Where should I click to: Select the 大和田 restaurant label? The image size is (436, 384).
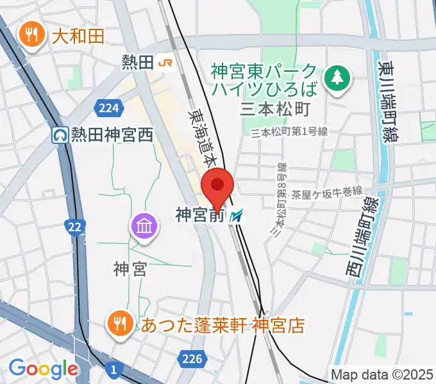point(77,36)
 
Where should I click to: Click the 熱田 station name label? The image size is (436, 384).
point(137,62)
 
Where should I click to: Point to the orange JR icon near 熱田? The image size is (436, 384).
point(165,62)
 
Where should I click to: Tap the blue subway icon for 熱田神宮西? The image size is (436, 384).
point(61,135)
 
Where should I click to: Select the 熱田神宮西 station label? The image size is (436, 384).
point(112,135)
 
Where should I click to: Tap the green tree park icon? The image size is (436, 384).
point(335,77)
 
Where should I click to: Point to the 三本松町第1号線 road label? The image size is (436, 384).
point(290,132)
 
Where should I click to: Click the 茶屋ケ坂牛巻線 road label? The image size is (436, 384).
point(327,191)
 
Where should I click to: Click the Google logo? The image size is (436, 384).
point(43,369)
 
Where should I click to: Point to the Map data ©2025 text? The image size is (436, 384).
point(382,374)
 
